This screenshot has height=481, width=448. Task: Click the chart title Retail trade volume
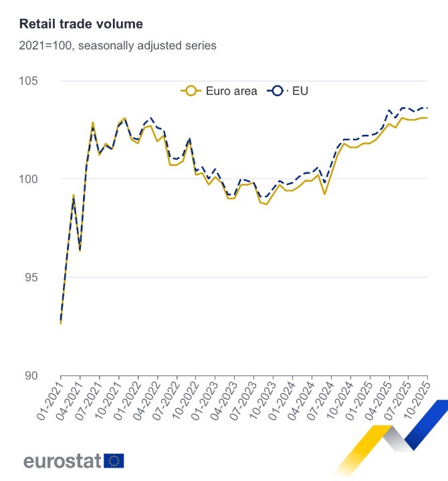tap(81, 25)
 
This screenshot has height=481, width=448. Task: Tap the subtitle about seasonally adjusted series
tap(118, 46)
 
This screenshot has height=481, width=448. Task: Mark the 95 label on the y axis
tap(49, 277)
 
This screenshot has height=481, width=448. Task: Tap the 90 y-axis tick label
tap(49, 375)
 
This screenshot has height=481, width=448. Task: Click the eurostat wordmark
tap(62, 461)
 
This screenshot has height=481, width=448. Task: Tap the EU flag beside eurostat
tap(114, 460)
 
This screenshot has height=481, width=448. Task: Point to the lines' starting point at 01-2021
tap(61, 323)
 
